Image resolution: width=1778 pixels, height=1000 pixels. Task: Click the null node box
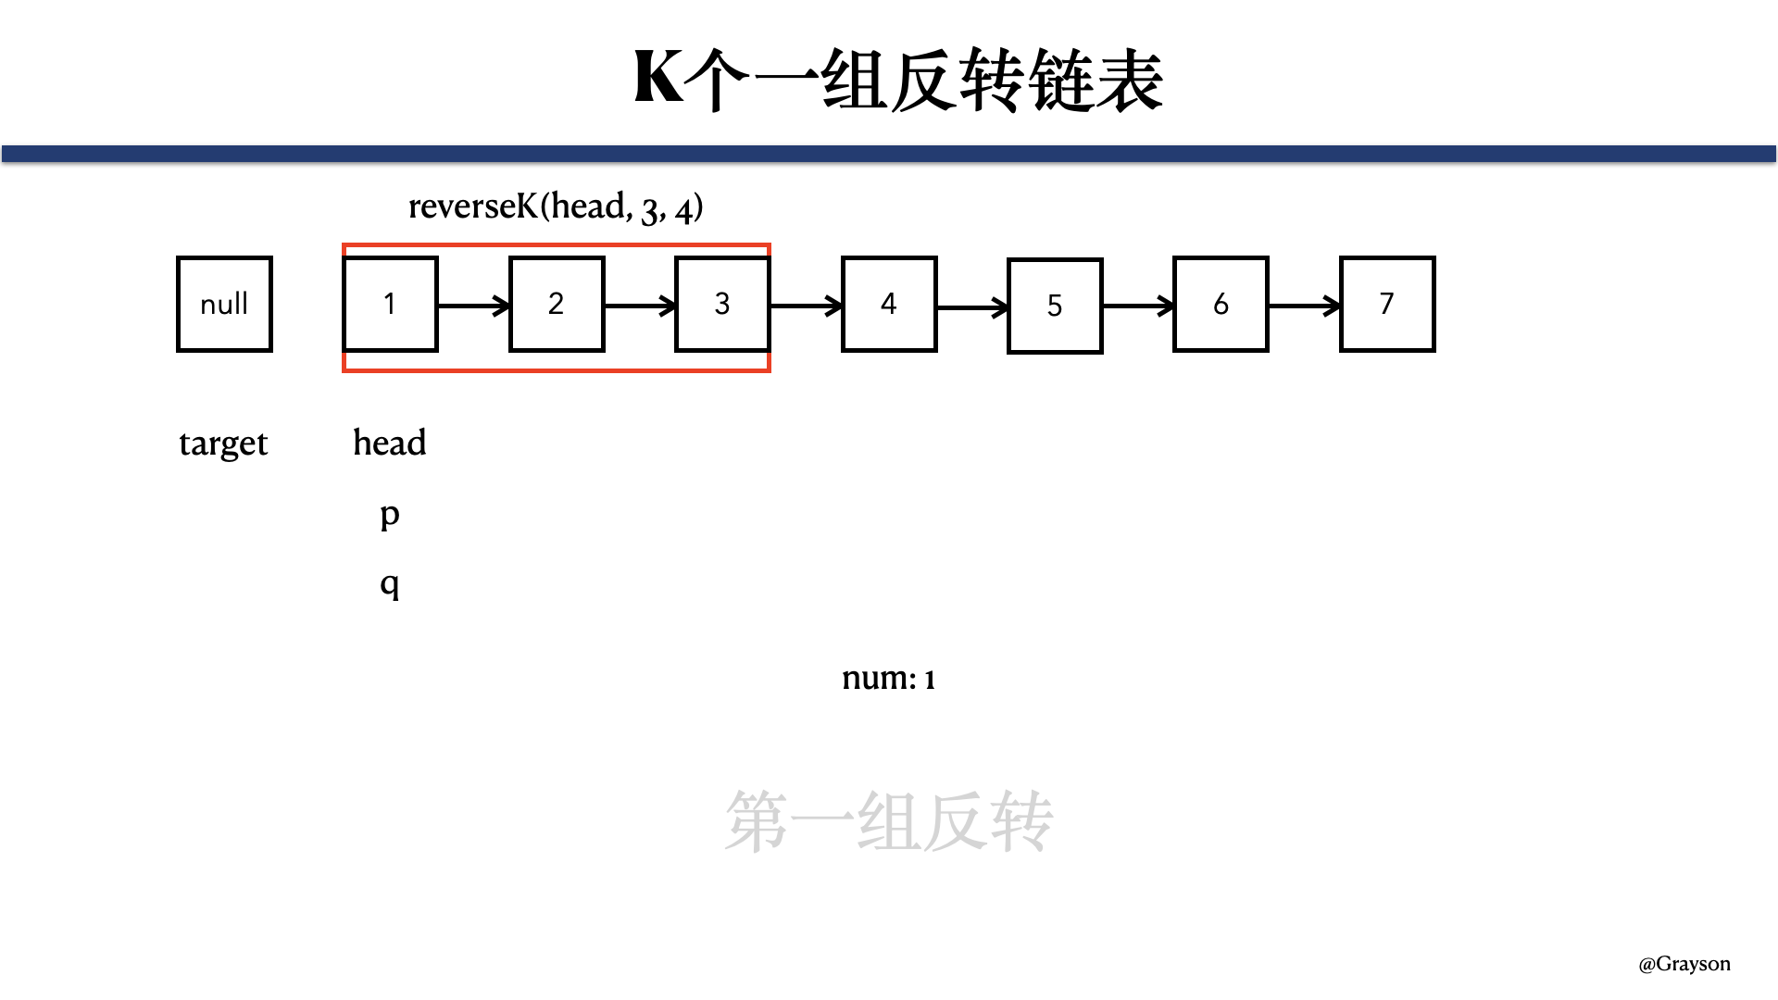pos(224,304)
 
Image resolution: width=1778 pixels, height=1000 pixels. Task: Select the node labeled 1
pos(390,304)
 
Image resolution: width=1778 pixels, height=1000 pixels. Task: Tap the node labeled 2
pos(557,304)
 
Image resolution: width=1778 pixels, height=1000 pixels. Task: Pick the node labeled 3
pos(722,304)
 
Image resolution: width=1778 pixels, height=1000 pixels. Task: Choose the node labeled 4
pos(889,304)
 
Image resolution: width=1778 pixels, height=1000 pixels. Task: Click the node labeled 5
pos(1055,306)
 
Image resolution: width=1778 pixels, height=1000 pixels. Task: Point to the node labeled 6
pos(1221,304)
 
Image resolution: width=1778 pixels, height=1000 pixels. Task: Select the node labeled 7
pos(1387,304)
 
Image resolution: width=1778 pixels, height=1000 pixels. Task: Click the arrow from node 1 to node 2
pos(473,305)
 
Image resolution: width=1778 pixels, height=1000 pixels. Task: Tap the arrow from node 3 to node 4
pos(806,305)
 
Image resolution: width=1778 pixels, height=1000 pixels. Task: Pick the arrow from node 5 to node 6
pos(1138,306)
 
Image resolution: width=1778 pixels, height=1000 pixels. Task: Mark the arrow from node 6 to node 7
pos(1304,305)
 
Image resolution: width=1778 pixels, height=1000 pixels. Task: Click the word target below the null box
pos(223,444)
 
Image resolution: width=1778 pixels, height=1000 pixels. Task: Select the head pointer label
pos(390,443)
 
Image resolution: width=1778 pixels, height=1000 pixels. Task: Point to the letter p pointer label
pos(390,514)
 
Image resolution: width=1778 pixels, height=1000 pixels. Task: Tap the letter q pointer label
pos(390,583)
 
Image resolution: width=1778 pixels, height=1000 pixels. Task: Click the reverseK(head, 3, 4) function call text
pos(556,206)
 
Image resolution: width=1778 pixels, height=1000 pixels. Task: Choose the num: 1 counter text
pos(889,678)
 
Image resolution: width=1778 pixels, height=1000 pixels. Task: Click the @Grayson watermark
pos(1684,964)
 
